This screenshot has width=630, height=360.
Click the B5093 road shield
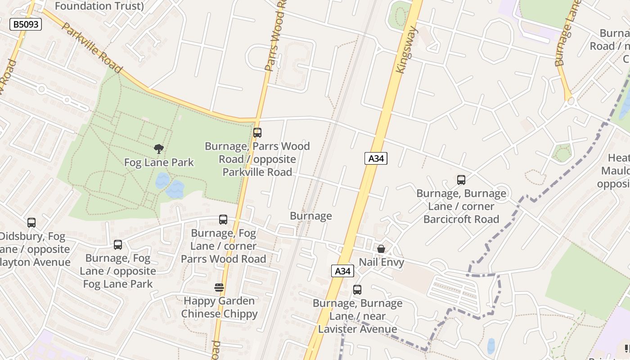coord(26,24)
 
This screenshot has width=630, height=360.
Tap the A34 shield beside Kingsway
coord(375,158)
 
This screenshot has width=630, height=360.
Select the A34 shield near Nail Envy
coord(342,271)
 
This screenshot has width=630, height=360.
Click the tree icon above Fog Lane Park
coord(158,148)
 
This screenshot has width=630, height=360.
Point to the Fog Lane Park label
coord(159,162)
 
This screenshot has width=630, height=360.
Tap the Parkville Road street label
coord(91,48)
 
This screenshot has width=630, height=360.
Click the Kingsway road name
coord(407,49)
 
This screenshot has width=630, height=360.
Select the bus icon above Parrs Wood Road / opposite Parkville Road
coord(257,133)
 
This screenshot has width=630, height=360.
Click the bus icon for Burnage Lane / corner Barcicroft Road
coord(461,180)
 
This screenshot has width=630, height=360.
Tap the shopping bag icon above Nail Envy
coord(381,249)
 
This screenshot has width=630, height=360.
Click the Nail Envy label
coord(381,262)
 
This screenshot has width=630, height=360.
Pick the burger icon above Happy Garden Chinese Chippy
coord(219,287)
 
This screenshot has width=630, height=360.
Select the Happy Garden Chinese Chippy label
coord(219,307)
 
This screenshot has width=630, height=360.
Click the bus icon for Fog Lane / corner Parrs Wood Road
coord(223,220)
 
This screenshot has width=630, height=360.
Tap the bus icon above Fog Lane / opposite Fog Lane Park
coord(118,245)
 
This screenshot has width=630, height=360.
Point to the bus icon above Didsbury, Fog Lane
coord(31,222)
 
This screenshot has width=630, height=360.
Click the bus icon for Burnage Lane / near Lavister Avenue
coord(357,290)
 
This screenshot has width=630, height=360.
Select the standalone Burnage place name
coord(310,216)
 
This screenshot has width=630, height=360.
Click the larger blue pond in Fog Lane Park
coord(175,190)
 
